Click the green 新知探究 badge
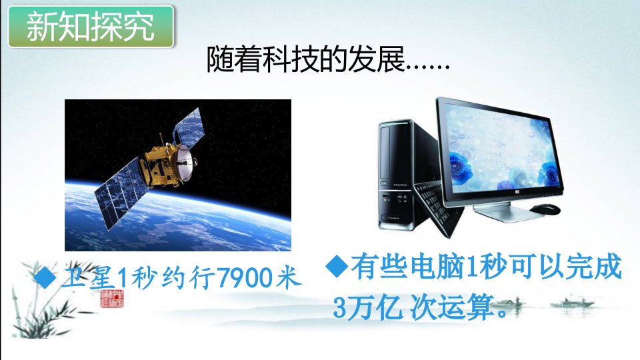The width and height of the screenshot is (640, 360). pos(91,27)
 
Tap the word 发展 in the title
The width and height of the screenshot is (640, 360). pos(376,59)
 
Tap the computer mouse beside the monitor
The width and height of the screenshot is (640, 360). pos(545,209)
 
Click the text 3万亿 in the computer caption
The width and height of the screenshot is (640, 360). pos(367,307)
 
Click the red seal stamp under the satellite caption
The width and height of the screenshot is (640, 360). pos(112,299)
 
